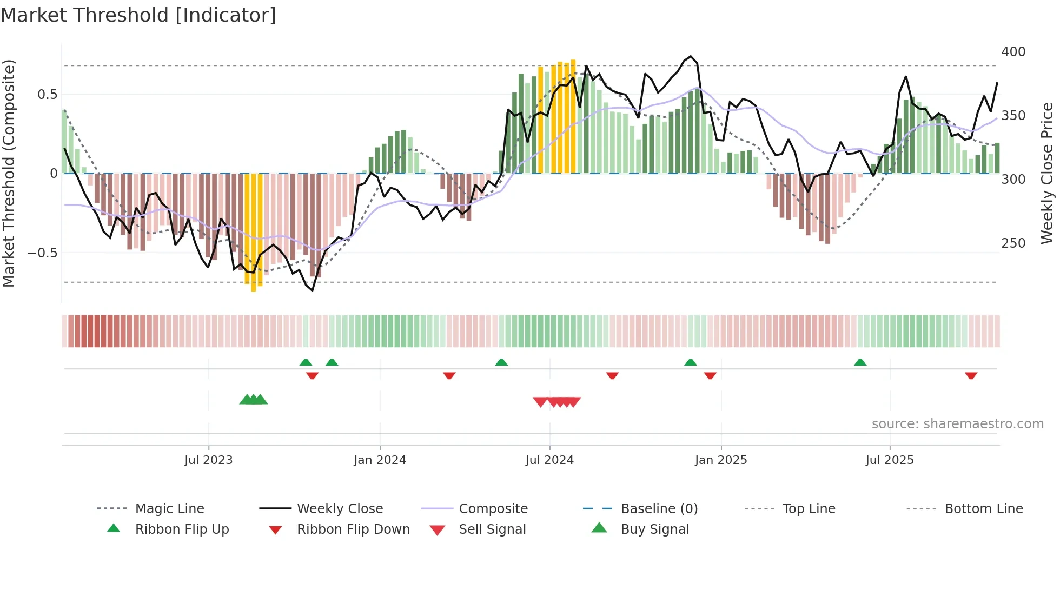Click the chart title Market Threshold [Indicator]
click(x=138, y=15)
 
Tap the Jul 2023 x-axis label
click(x=208, y=460)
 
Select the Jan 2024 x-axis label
click(x=380, y=460)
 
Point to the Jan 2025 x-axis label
click(x=720, y=460)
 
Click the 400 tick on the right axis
click(x=1013, y=52)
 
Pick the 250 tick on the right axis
click(x=1013, y=243)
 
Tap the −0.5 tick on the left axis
click(x=42, y=253)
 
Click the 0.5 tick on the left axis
click(x=47, y=95)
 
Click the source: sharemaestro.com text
click(x=957, y=424)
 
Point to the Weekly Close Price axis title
click(x=1047, y=173)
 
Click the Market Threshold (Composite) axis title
click(x=9, y=173)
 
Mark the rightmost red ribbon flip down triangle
click(x=971, y=375)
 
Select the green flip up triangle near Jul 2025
click(x=860, y=362)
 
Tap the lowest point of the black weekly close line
click(x=312, y=290)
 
